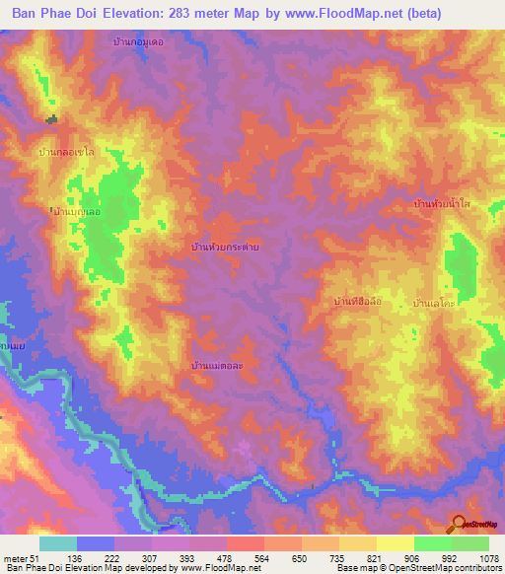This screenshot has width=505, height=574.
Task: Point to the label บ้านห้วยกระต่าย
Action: pyautogui.click(x=225, y=248)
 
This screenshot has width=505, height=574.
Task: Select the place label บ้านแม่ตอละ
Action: pyautogui.click(x=218, y=365)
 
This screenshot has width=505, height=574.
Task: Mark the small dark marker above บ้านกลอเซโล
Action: pyautogui.click(x=51, y=119)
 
